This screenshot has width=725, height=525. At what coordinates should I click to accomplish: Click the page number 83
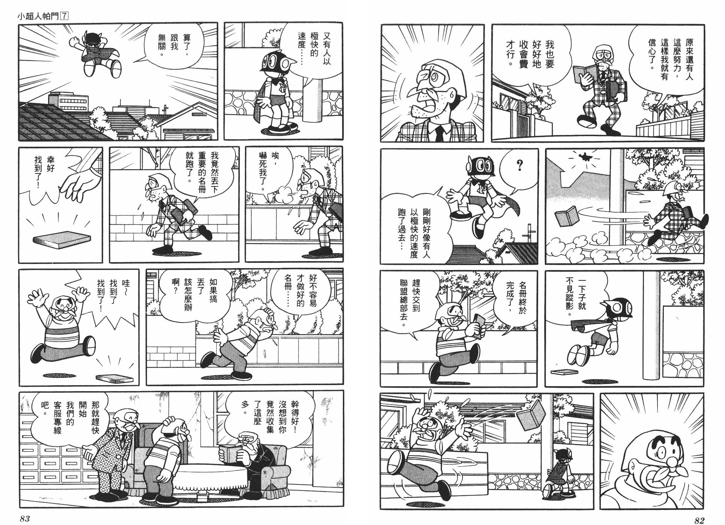coord(24,519)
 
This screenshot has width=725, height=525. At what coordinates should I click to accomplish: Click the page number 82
coord(699,520)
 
